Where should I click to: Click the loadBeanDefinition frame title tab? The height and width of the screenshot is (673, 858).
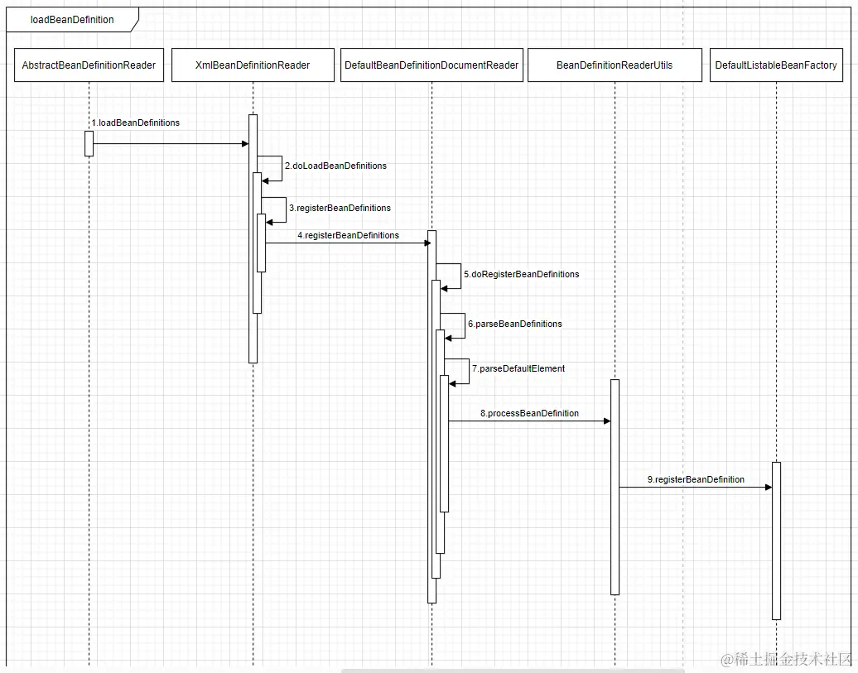[72, 20]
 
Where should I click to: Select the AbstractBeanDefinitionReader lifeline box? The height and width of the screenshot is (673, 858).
[89, 65]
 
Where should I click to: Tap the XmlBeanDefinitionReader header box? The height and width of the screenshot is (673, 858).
[253, 65]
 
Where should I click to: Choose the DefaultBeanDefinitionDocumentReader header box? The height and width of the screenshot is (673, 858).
[431, 65]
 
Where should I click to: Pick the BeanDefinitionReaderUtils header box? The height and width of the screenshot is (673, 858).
[615, 65]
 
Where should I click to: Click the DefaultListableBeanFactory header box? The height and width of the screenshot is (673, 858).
[776, 65]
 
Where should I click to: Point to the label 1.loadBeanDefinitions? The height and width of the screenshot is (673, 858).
[136, 123]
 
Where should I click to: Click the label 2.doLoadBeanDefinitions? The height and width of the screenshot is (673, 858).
[335, 166]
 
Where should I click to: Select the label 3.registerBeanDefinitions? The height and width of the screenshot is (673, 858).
[340, 208]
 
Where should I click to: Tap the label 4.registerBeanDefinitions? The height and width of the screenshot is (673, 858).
[348, 235]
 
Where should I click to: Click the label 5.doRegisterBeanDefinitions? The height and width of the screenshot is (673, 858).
[521, 274]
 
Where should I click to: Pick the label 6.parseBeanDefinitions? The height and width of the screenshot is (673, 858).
[514, 324]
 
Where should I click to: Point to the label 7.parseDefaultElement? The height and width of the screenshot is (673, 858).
[518, 368]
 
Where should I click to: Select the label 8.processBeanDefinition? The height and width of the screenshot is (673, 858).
[529, 413]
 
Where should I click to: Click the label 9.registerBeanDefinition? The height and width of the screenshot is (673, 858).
[696, 479]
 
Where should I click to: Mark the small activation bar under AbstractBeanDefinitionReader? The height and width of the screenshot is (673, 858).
[89, 143]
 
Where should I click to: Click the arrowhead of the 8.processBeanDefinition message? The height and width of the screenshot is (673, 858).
[606, 421]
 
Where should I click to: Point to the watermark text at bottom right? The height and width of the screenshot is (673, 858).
[786, 659]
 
